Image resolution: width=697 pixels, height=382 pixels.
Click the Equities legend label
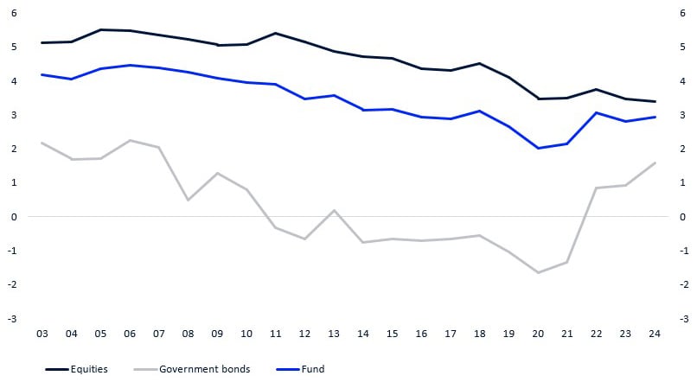coord(90,369)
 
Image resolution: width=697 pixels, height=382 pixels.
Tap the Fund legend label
coord(314,369)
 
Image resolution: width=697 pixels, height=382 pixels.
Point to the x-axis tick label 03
coord(42,333)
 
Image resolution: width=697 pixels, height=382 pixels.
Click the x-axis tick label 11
coord(275,333)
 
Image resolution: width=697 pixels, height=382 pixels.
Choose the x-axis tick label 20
coord(538,333)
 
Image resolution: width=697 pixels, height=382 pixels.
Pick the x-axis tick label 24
coord(655,333)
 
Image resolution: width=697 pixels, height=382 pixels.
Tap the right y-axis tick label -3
coord(683,319)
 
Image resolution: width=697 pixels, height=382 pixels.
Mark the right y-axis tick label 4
coord(683,81)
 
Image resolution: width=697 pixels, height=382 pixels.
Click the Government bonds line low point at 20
coord(538,273)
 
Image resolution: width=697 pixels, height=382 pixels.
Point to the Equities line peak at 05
coord(100,29)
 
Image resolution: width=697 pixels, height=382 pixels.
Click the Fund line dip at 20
coord(538,149)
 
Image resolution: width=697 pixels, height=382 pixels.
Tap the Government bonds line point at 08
coord(188,201)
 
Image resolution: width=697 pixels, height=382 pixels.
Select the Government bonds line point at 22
coord(597,188)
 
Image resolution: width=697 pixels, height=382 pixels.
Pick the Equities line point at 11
coord(275,33)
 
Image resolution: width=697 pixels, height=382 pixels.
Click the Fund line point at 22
coord(597,112)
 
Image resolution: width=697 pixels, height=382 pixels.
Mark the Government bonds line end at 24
coord(655,162)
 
